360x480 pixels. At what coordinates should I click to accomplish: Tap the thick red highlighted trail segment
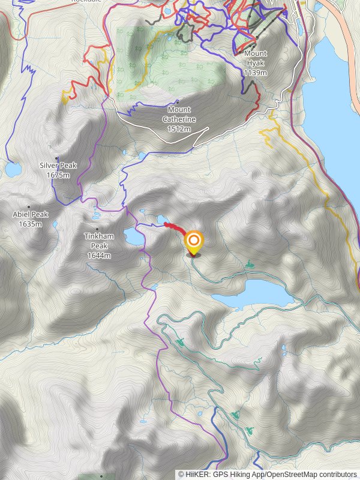(175, 227)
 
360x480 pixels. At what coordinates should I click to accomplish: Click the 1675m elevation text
(58, 175)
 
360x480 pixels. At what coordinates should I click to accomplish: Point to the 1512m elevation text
(179, 128)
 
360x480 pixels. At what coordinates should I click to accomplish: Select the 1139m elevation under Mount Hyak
(256, 73)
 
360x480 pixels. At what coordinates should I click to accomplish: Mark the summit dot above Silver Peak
(56, 158)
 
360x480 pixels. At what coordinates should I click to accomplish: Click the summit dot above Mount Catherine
(178, 101)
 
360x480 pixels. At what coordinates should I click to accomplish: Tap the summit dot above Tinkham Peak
(97, 229)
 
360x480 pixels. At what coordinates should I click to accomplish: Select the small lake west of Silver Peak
(12, 170)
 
